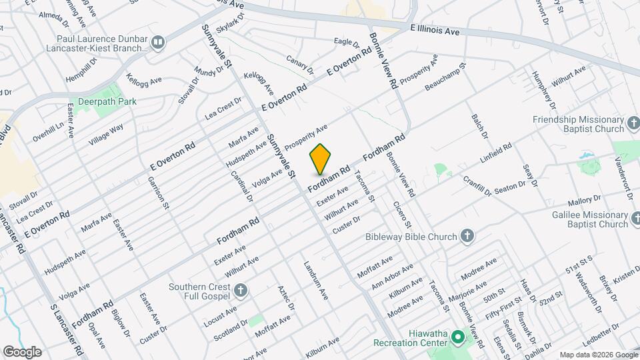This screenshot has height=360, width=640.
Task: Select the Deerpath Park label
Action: [107, 102]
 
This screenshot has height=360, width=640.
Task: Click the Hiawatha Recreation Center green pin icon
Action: [457, 336]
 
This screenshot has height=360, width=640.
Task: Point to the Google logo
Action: [22, 352]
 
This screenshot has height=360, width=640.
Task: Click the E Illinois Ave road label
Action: [435, 31]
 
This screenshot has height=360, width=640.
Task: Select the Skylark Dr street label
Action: [231, 21]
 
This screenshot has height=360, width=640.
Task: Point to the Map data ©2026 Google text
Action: [597, 355]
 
